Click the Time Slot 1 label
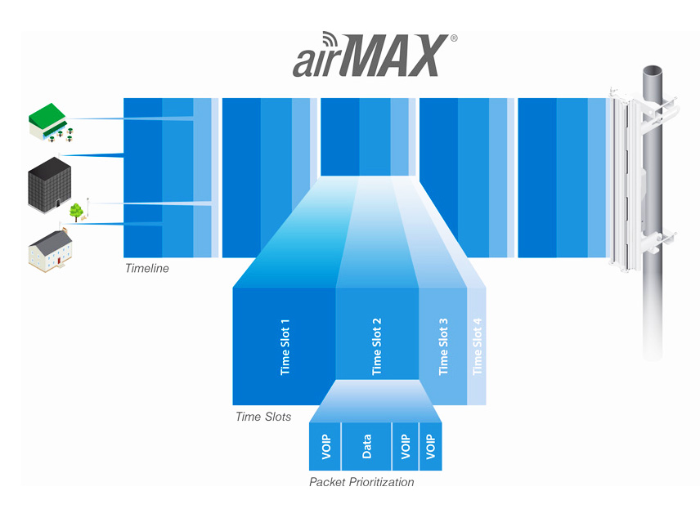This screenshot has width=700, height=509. coord(285,347)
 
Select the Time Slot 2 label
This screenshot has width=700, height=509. coord(377,346)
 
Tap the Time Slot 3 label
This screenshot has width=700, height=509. coord(443,346)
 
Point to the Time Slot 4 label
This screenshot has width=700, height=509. coord(478,346)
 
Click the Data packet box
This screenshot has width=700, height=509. coord(366,446)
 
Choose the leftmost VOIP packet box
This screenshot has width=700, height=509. coord(325,446)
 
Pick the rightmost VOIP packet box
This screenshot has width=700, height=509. coord(431,446)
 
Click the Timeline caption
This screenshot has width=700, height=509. coord(147,268)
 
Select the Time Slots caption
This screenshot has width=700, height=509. coord(263,417)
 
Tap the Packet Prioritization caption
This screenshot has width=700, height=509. coord(361,482)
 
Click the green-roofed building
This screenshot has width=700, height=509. coord(50,123)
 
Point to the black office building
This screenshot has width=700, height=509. coord(49,185)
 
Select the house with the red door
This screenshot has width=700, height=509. coord(50,251)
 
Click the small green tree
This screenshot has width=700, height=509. coord(76,212)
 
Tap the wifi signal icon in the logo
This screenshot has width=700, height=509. coord(330,39)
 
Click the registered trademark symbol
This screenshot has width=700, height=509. coord(454,38)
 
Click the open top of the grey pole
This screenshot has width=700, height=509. coord(653,71)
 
